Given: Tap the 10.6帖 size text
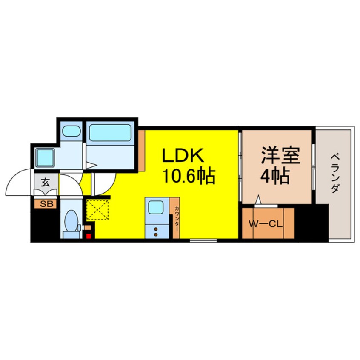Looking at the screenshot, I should point(187,175).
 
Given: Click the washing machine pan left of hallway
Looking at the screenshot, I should point(44,157).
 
